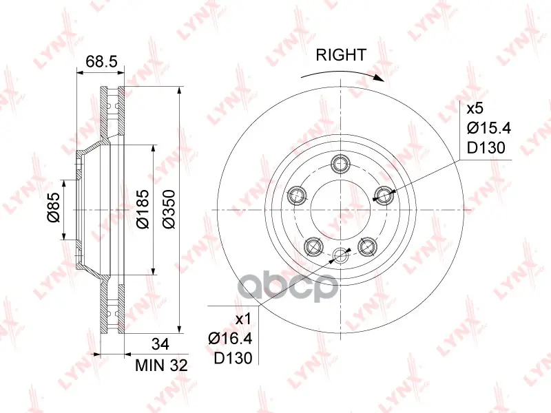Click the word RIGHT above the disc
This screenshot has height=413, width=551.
pyautogui.click(x=341, y=55)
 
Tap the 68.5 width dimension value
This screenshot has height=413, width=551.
pyautogui.click(x=101, y=61)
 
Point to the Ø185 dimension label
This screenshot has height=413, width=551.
pyautogui.click(x=143, y=209)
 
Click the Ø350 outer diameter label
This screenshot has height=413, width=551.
pyautogui.click(x=169, y=209)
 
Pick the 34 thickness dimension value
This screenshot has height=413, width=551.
pyautogui.click(x=160, y=344)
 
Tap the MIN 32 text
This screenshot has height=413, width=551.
pyautogui.click(x=161, y=366)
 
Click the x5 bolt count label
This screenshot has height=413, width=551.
pyautogui.click(x=475, y=109)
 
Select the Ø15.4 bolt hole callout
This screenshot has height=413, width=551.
pyautogui.click(x=489, y=128)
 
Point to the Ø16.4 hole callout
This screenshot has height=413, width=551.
pyautogui.click(x=230, y=339)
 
